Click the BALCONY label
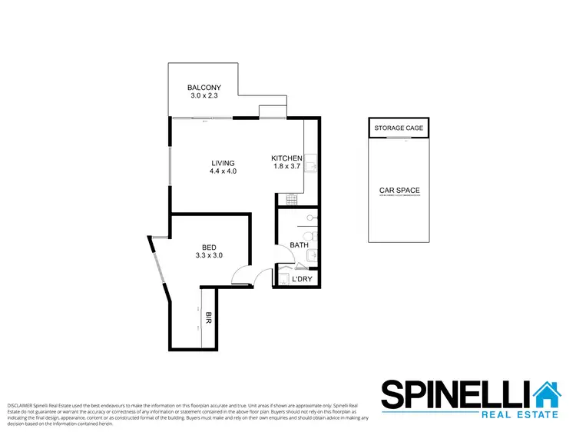(x=204, y=88)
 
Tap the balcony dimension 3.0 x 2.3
(x=204, y=97)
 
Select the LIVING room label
(x=223, y=163)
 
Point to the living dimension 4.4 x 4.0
(x=223, y=172)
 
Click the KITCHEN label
(x=286, y=158)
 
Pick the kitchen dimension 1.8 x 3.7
(x=286, y=168)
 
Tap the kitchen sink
(x=312, y=164)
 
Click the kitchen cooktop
(x=292, y=200)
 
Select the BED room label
(x=209, y=247)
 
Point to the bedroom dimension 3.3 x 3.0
(x=209, y=256)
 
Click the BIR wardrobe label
(x=208, y=317)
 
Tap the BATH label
(x=299, y=246)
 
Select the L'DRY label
(x=302, y=279)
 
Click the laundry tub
(x=282, y=277)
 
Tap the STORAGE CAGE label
(x=399, y=128)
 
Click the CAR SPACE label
(x=399, y=190)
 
